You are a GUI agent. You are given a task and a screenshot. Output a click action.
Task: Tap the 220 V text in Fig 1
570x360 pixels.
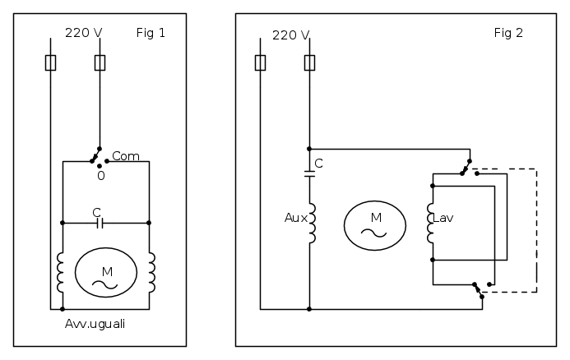pyautogui.click(x=83, y=35)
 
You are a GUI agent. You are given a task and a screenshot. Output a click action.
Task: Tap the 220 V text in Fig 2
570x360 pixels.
pyautogui.click(x=290, y=35)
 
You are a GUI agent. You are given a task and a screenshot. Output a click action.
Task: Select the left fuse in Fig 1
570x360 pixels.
pyautogui.click(x=50, y=62)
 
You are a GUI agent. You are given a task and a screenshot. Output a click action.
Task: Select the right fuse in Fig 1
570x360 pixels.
pyautogui.click(x=100, y=62)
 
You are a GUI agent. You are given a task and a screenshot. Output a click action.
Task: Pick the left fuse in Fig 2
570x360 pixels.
pyautogui.click(x=260, y=62)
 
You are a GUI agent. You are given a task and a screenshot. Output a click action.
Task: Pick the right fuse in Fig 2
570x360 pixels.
pyautogui.click(x=309, y=62)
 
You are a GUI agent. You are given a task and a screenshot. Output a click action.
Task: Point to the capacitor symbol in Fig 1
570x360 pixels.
pyautogui.click(x=99, y=222)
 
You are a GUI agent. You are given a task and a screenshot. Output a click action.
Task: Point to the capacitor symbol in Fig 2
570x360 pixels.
pyautogui.click(x=309, y=172)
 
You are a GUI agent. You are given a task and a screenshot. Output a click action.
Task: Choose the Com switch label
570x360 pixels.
pyautogui.click(x=125, y=155)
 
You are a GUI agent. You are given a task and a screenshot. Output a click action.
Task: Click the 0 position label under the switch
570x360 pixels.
pyautogui.click(x=100, y=175)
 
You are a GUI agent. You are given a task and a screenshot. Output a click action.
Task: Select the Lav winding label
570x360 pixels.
pyautogui.click(x=444, y=218)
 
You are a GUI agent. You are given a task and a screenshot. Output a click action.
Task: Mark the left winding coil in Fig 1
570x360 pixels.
pyautogui.click(x=62, y=272)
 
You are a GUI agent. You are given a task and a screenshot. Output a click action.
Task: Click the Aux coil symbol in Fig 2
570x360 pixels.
pyautogui.click(x=311, y=224)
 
